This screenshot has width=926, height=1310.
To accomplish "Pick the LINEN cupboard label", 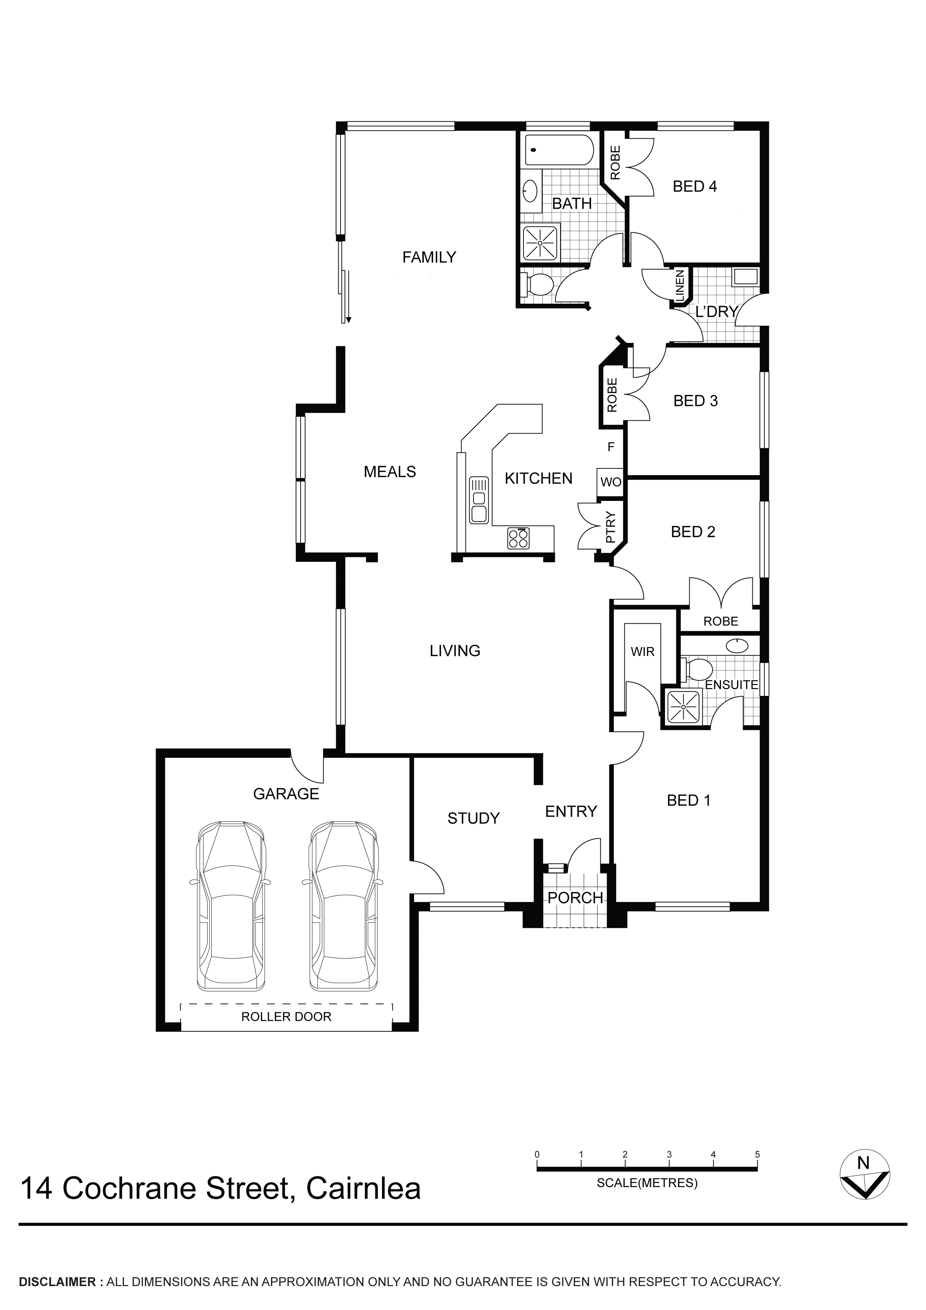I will (x=679, y=285).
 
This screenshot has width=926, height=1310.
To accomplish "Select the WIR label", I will (x=642, y=651).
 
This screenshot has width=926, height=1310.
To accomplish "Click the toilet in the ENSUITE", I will (x=696, y=669).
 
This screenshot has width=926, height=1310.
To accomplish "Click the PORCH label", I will (x=575, y=898).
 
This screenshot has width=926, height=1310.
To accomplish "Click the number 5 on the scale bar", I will (x=757, y=1154).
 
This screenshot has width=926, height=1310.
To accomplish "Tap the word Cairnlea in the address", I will (x=363, y=1188).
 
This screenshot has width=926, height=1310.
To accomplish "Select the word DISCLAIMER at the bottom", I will (x=57, y=1282).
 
